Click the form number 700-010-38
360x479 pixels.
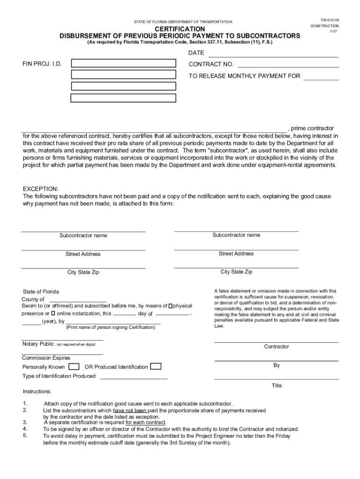point(330,19)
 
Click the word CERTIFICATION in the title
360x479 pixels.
point(180,29)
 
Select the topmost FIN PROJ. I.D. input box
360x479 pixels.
point(123,64)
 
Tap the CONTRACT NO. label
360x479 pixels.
point(211,65)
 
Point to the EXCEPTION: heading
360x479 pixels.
point(41,189)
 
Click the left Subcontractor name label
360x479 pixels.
point(83,235)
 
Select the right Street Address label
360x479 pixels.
point(236,254)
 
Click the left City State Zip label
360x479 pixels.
point(83,272)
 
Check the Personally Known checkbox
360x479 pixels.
point(74,366)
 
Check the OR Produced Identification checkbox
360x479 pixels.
point(156,366)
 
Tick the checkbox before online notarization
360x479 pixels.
point(53,313)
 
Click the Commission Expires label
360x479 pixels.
point(46,358)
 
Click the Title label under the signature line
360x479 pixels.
point(277,386)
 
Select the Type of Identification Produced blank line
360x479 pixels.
point(134,377)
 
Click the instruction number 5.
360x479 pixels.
point(25,435)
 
